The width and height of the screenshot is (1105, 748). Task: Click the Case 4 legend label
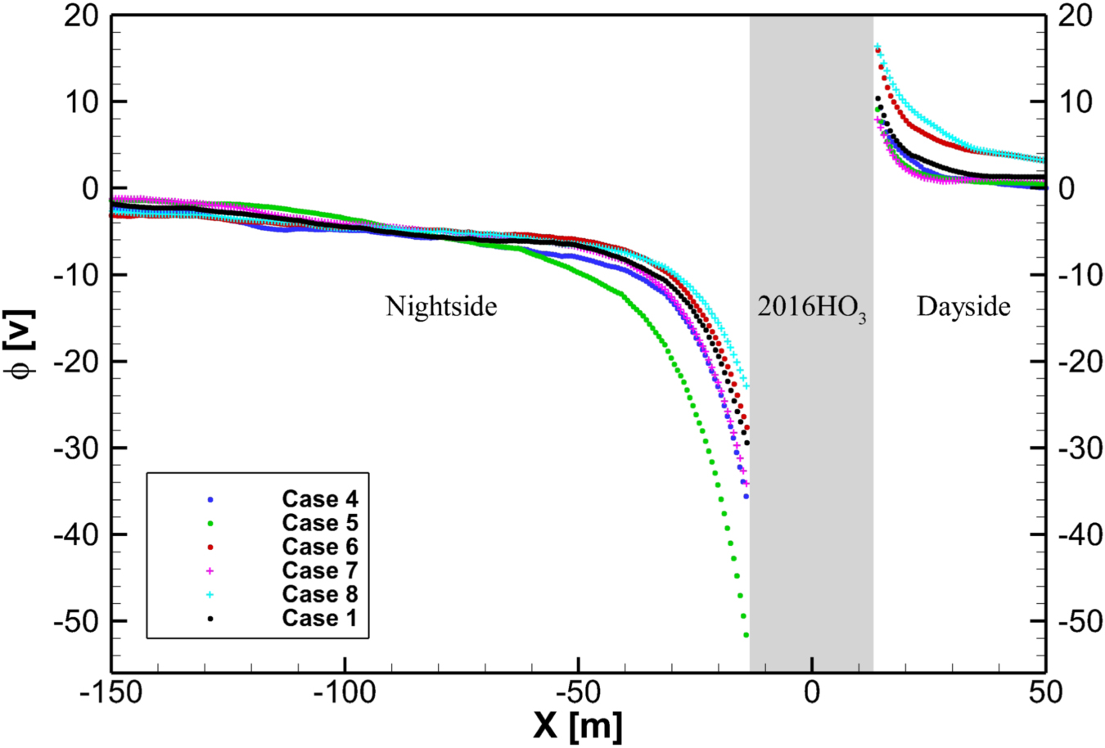[x=320, y=499]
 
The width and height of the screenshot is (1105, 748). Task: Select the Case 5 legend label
[x=320, y=523]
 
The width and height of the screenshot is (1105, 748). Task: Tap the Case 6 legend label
[x=320, y=547]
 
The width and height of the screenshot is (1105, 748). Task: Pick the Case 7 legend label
[x=320, y=570]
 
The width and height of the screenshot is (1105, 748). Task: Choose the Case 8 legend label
[x=320, y=594]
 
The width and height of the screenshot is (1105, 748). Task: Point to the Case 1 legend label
[x=320, y=618]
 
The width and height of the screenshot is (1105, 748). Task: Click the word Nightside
[x=441, y=307]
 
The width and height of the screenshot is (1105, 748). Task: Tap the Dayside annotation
[x=963, y=307]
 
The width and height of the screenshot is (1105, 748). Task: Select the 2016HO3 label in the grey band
[x=811, y=309]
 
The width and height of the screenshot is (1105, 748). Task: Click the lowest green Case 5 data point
[x=746, y=635]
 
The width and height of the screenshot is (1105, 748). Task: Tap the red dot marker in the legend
[x=210, y=547]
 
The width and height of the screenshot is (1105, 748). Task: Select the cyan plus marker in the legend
[x=210, y=594]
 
